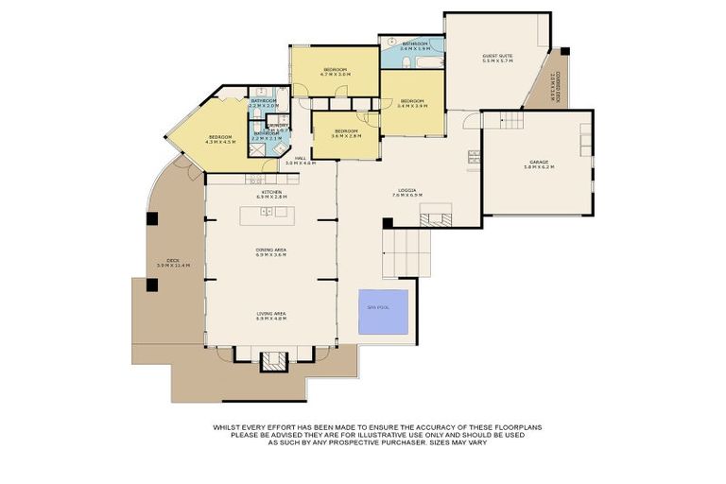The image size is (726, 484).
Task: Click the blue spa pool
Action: tap(383, 312)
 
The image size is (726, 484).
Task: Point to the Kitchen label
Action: tap(271, 194)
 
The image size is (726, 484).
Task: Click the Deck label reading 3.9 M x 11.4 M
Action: tap(174, 263)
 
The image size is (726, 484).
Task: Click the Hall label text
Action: tap(300, 161)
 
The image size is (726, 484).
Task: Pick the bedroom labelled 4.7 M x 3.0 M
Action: tap(336, 72)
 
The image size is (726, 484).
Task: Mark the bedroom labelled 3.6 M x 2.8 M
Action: tap(345, 133)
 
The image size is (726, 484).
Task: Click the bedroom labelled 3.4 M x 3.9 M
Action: tap(412, 103)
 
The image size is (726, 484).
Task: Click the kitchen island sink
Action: tap(267, 212)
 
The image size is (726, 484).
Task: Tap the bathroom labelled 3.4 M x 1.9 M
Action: tap(414, 45)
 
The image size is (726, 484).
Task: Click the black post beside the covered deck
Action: tap(564, 52)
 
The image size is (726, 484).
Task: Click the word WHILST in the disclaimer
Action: tap(225, 427)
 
